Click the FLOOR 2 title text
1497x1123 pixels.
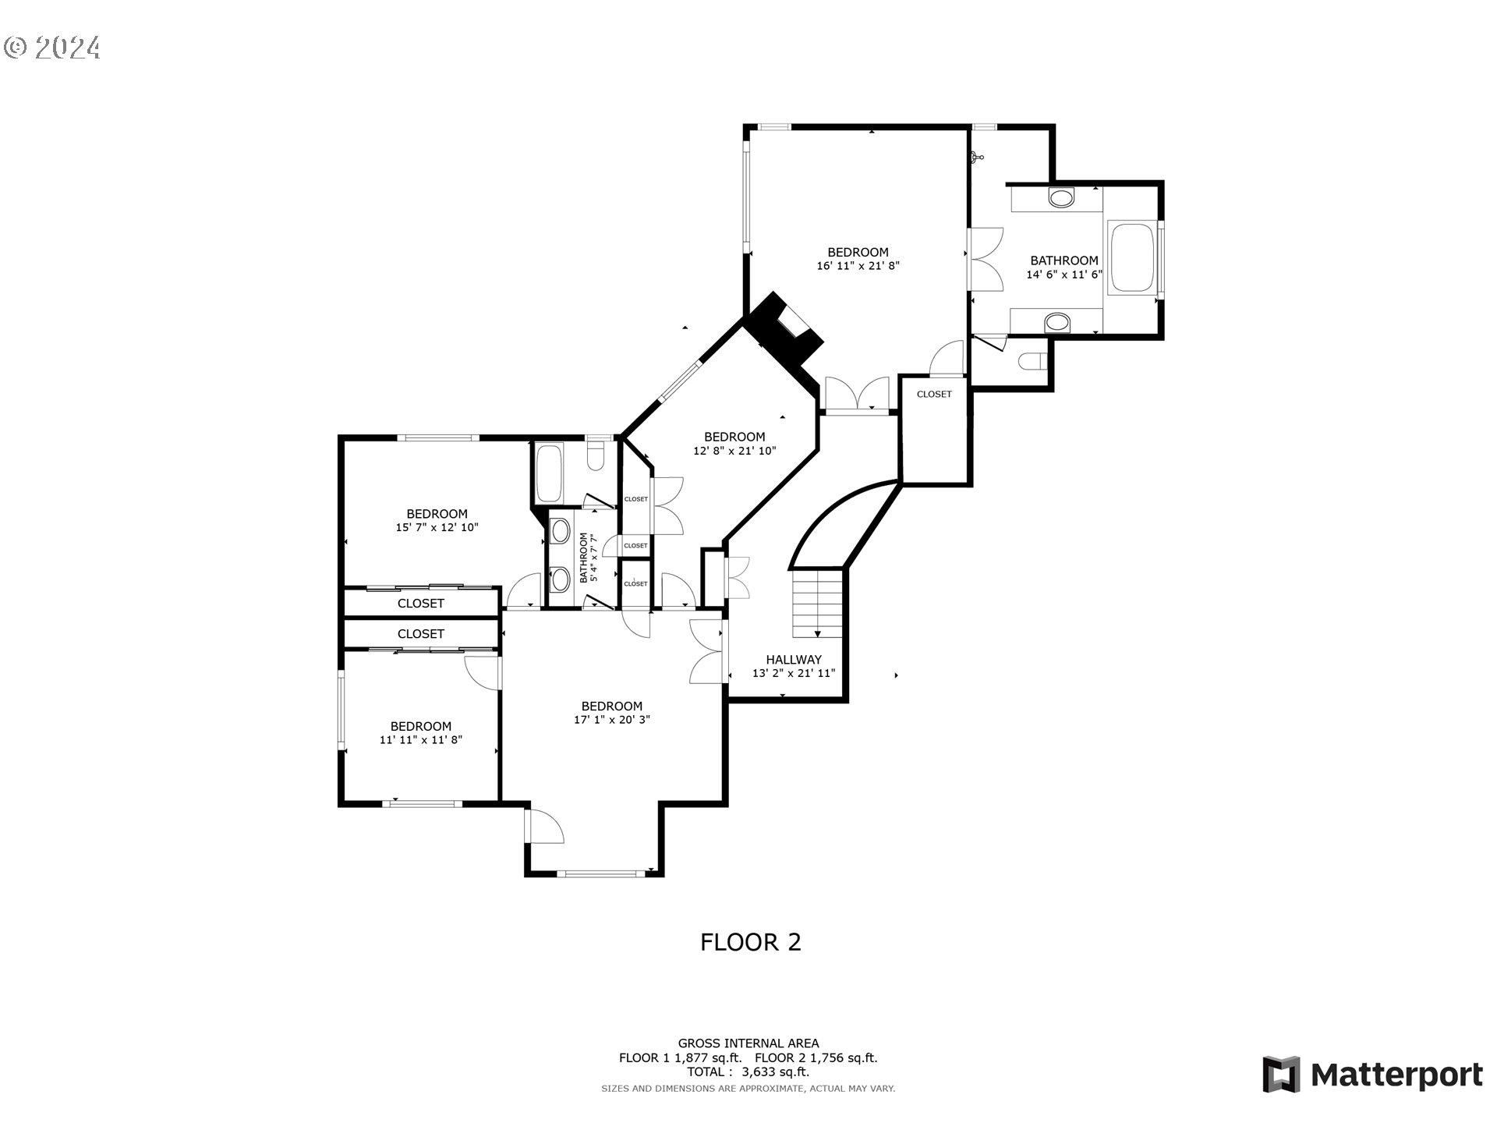point(750,942)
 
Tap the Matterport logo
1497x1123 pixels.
point(1372,1075)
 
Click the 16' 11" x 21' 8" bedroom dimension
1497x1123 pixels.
point(858,266)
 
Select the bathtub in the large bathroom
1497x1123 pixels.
point(1131,259)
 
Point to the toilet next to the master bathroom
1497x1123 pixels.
point(1032,362)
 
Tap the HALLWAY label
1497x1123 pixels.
point(793,660)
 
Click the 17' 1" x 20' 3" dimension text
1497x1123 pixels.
point(611,720)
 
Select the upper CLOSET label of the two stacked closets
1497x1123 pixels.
point(420,604)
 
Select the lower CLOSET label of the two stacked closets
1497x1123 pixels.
point(420,634)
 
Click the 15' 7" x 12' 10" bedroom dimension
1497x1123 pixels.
point(437,527)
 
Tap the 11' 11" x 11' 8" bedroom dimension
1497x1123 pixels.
point(420,739)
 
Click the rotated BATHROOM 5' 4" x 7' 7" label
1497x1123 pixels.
point(588,557)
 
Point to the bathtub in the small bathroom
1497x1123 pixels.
point(549,473)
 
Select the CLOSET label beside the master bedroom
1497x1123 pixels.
point(934,395)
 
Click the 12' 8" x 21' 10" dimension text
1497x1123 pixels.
point(734,451)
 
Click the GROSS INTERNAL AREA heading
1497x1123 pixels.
point(748,1043)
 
